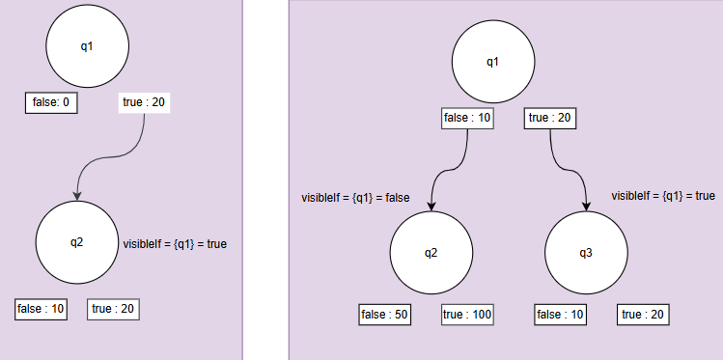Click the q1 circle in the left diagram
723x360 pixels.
(x=87, y=46)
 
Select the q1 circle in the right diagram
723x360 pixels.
(x=492, y=63)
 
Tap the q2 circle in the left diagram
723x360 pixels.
(x=77, y=242)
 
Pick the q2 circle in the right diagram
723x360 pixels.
(x=431, y=253)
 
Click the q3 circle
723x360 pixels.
(x=586, y=253)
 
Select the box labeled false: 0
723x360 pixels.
(x=51, y=102)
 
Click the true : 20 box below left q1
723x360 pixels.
(x=144, y=102)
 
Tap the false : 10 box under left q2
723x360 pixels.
(x=41, y=309)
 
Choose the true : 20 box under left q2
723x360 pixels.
(x=114, y=309)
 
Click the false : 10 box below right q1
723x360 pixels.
(x=467, y=118)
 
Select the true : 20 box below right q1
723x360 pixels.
(x=550, y=118)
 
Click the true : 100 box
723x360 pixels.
(x=467, y=315)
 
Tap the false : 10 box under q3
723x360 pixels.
(x=560, y=315)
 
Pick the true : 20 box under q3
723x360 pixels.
(x=643, y=315)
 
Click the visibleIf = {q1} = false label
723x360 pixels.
(x=356, y=198)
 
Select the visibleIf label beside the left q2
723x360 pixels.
(x=175, y=244)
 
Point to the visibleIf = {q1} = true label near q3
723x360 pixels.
(x=663, y=196)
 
